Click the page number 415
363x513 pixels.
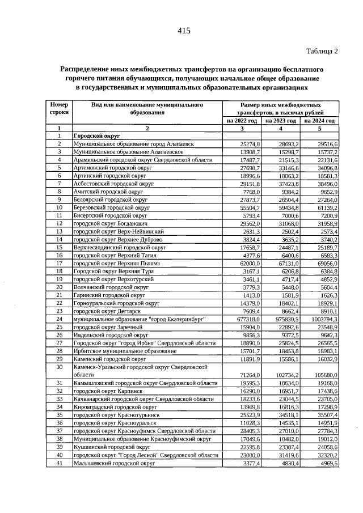point(183,31)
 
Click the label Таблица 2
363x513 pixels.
point(322,51)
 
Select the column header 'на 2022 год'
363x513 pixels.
point(242,121)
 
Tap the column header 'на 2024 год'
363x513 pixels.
point(320,121)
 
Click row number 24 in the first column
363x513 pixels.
point(59,320)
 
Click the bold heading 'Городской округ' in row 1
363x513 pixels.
point(96,137)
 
